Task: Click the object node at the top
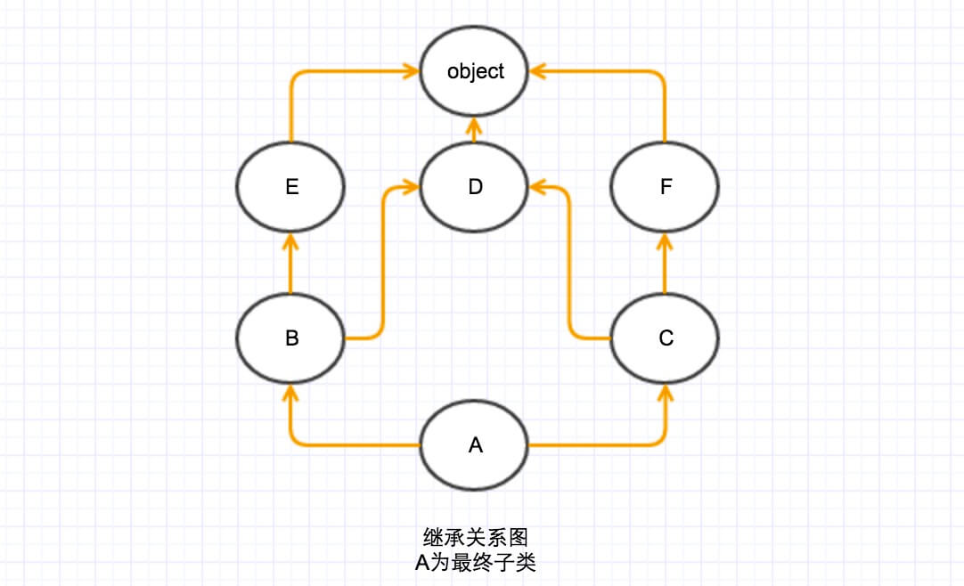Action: coord(475,71)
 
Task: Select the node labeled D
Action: coord(475,187)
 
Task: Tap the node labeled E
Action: coord(290,187)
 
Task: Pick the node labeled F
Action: coord(664,187)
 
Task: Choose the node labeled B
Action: coord(290,338)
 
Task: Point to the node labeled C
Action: coord(664,338)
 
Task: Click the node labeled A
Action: coord(475,444)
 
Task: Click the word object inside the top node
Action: coord(475,71)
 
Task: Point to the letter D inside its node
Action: coord(475,187)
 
